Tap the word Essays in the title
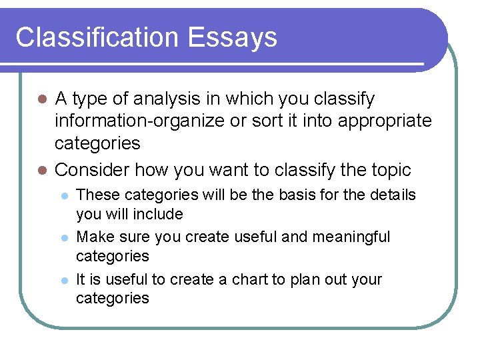[x=233, y=38]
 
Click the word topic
[x=389, y=170]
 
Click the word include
[x=157, y=214]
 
